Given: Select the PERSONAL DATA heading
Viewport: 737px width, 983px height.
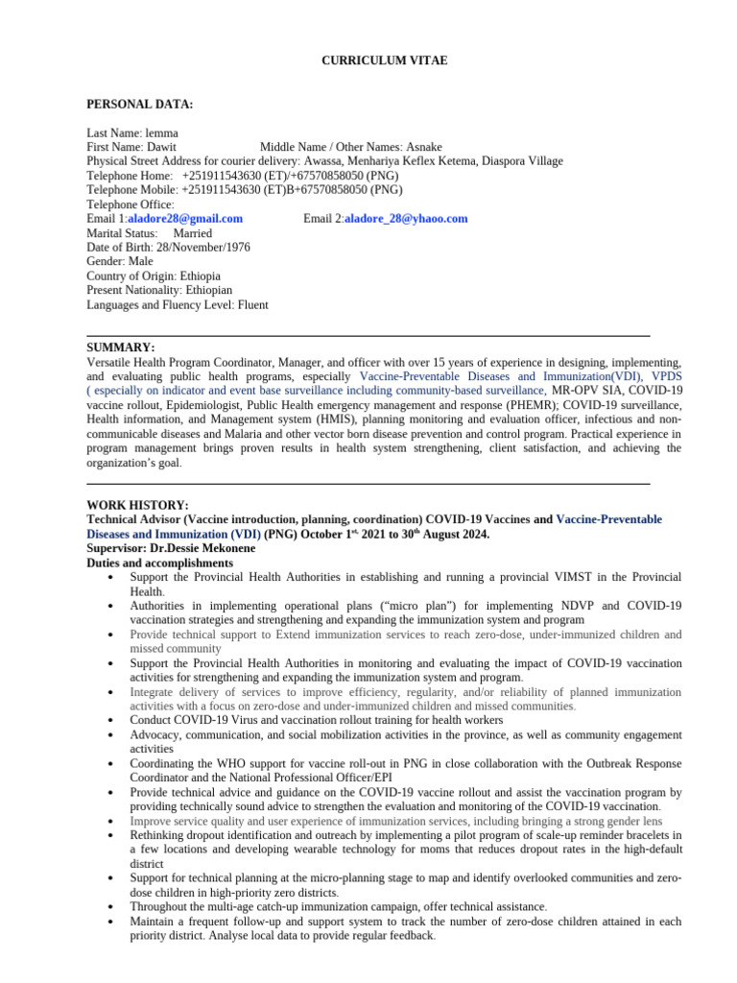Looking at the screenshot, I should [x=139, y=104].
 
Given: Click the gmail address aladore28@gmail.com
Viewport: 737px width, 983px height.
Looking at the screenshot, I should [x=185, y=219].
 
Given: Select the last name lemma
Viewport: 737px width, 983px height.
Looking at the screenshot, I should [x=160, y=132].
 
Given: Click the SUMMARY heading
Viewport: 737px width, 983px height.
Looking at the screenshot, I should [x=120, y=348].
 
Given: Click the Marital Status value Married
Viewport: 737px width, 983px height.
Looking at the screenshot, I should [x=193, y=233].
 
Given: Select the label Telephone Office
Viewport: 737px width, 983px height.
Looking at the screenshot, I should [x=130, y=204].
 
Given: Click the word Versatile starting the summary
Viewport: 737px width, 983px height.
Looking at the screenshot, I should [x=109, y=363].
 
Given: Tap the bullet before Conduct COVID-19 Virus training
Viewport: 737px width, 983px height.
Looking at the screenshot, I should [x=113, y=720].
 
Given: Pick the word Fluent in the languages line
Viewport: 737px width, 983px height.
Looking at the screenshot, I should [x=248, y=305].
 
